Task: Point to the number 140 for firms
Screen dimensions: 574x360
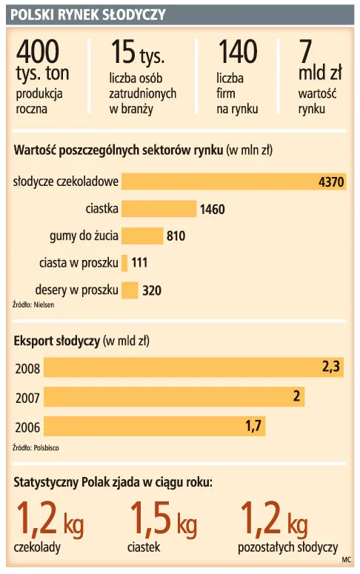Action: pos(237,52)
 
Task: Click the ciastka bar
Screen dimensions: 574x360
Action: pos(159,210)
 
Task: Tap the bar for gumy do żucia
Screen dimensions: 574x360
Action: pos(141,236)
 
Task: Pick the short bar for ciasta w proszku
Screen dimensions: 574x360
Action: pos(125,263)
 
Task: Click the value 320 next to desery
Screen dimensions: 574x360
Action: pos(151,290)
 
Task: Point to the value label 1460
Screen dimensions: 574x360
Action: pos(212,210)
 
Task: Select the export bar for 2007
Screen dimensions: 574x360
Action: pos(163,396)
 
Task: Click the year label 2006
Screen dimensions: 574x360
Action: pos(28,427)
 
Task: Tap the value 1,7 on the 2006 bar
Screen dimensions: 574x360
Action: pos(253,426)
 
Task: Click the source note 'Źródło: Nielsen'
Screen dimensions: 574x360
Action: pos(33,304)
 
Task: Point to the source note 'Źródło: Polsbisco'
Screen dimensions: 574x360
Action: pos(36,448)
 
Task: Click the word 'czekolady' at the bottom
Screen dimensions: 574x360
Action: pos(37,548)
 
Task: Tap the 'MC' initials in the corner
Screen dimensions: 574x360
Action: pos(347,561)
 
